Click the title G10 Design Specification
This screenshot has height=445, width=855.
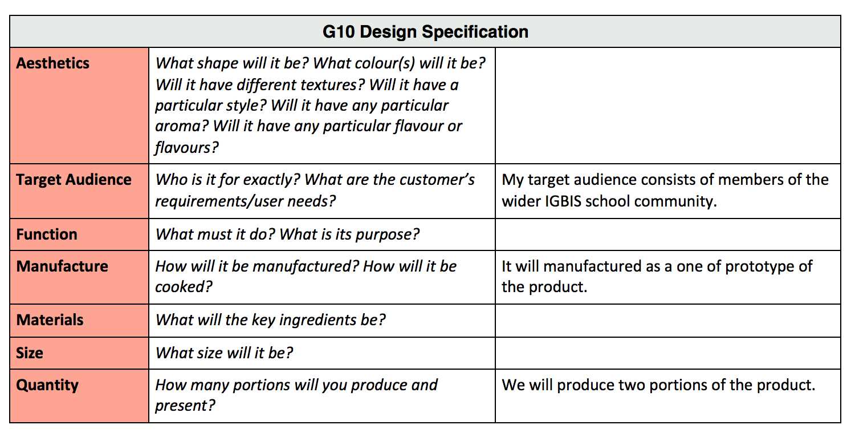coord(425,32)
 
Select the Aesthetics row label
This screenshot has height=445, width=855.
coord(52,63)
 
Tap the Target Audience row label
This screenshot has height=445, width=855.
coord(74,180)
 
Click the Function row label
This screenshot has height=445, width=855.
coord(47,234)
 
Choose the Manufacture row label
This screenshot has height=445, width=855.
coord(62,266)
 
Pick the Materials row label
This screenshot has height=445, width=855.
coord(50,319)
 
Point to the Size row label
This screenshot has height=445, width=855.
coord(30,353)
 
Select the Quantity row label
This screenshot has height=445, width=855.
coord(47,386)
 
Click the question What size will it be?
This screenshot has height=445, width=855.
coord(224,353)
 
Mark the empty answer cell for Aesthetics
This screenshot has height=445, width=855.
coord(668,106)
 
